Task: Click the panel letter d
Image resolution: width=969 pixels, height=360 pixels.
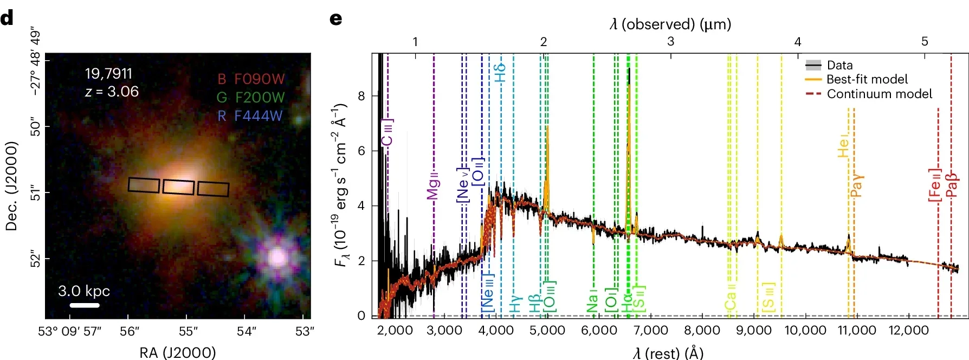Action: (7, 18)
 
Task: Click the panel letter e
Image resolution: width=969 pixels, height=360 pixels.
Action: (336, 19)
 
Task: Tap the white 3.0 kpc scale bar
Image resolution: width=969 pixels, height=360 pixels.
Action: (85, 305)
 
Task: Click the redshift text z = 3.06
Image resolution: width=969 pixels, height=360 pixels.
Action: (112, 91)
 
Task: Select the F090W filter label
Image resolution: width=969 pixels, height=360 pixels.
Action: (259, 79)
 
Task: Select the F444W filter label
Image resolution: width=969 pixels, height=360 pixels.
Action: (258, 115)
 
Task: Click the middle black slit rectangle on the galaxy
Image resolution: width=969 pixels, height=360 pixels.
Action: (178, 187)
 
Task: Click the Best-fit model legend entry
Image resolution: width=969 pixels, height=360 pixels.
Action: (867, 79)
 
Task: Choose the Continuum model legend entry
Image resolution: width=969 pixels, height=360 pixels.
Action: (879, 94)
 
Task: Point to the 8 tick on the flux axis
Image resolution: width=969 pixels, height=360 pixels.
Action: (361, 96)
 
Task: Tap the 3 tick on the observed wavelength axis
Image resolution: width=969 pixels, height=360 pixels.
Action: (670, 41)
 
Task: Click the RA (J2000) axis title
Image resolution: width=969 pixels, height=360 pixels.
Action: (177, 352)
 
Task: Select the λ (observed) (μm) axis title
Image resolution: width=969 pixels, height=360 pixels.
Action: (670, 24)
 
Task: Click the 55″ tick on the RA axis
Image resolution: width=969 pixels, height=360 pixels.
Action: (188, 331)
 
